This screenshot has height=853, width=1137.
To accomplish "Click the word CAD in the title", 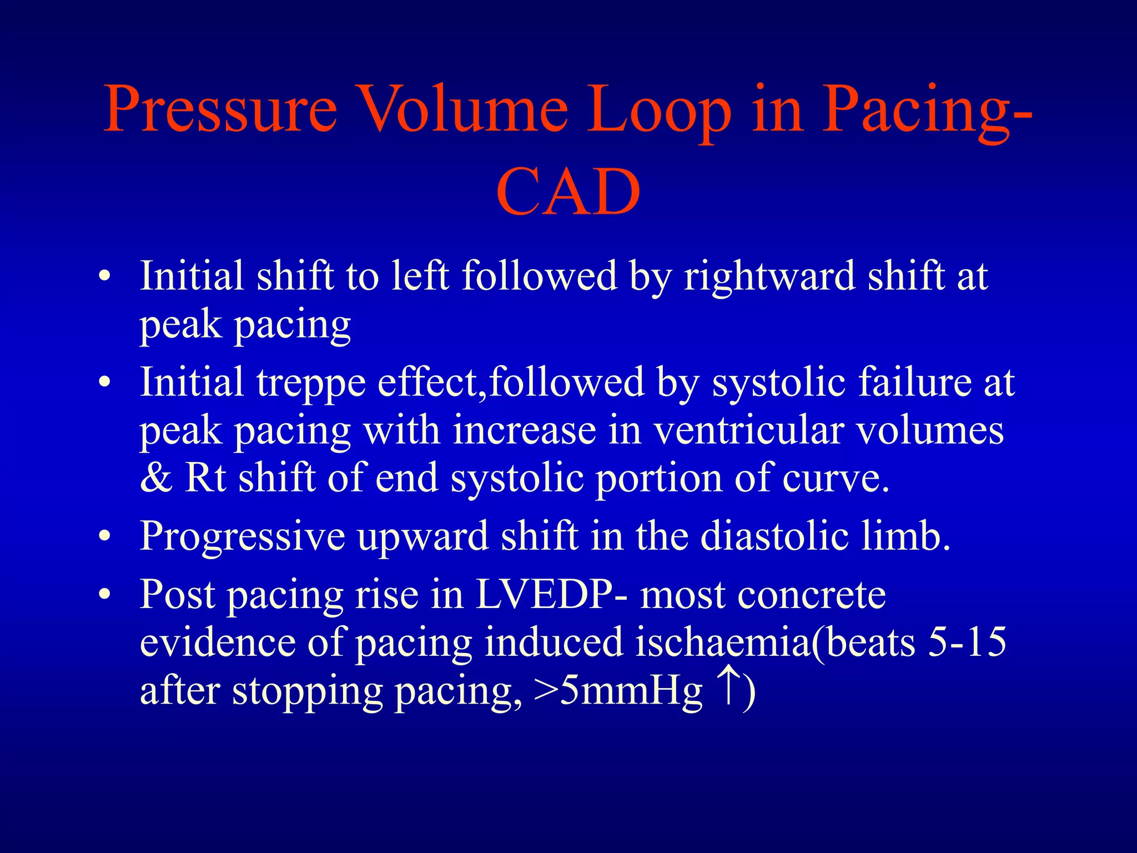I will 568,192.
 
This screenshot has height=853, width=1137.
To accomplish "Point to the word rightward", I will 769,276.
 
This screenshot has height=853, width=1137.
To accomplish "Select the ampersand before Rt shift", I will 156,478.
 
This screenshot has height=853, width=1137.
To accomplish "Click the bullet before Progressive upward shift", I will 104,537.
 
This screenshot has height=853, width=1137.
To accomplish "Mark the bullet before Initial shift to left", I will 104,277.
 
